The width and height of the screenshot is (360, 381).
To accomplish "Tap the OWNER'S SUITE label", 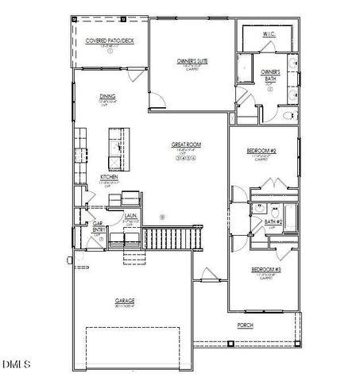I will (x=191, y=60).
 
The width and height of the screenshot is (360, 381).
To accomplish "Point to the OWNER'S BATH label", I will (x=270, y=75).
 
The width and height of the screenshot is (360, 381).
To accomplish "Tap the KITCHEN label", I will (x=110, y=177).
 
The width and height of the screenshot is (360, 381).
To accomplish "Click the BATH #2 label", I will (x=274, y=222).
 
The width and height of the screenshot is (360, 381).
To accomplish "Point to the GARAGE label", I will (x=123, y=301).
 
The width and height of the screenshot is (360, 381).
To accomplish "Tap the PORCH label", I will (x=246, y=325).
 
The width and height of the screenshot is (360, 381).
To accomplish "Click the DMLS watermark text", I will (x=16, y=364).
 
